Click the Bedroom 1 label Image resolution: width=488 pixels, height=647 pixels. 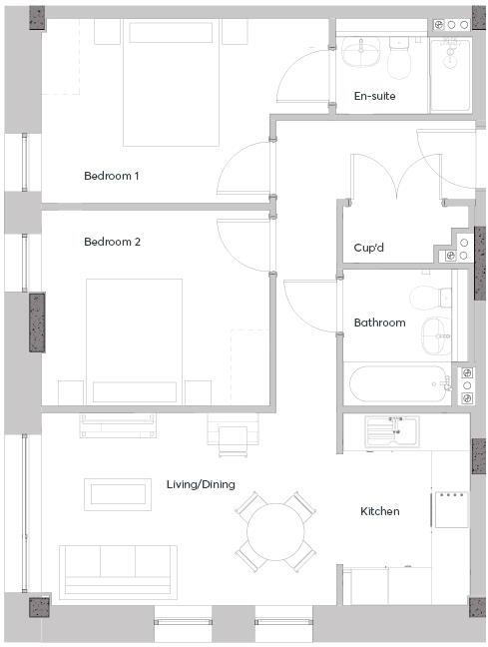click(x=111, y=176)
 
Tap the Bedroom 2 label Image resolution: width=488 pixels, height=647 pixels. click(x=111, y=242)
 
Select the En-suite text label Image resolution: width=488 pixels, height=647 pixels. click(x=374, y=96)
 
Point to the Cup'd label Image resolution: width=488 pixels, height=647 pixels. click(x=370, y=248)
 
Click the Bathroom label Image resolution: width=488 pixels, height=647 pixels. click(x=379, y=323)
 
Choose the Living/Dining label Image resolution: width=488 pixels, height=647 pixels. click(x=201, y=484)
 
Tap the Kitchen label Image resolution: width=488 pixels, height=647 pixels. click(x=379, y=511)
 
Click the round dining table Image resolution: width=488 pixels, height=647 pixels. click(x=275, y=530)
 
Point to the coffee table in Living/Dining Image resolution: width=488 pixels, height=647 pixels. click(x=118, y=492)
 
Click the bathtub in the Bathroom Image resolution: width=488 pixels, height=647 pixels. click(x=396, y=383)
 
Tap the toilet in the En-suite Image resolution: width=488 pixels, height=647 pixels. click(x=401, y=61)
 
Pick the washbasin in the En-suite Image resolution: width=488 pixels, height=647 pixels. click(x=358, y=52)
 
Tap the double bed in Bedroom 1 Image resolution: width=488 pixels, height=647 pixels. click(x=171, y=84)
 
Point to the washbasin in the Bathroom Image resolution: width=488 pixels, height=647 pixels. click(x=437, y=336)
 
